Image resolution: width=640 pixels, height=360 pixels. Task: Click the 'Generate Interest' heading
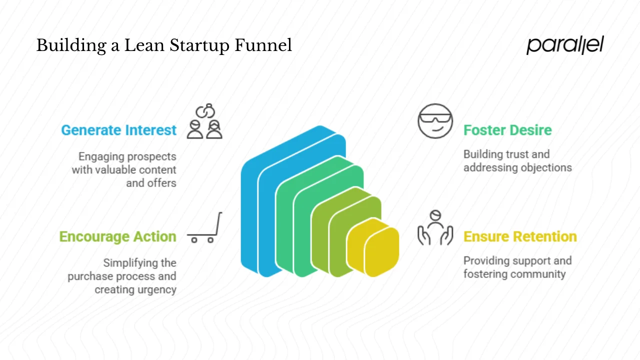(x=118, y=130)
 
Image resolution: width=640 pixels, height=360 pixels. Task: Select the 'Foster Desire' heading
(x=507, y=130)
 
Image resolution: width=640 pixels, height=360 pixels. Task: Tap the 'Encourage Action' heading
(x=117, y=236)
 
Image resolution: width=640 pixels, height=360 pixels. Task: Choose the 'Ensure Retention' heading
(x=520, y=236)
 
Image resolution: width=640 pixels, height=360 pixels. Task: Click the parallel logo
(x=565, y=45)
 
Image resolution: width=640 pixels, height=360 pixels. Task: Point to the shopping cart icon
(x=204, y=229)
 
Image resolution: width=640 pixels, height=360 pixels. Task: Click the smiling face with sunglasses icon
(x=435, y=121)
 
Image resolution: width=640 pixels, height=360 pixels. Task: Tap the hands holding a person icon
(x=435, y=228)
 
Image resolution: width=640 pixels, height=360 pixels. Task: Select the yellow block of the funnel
(x=380, y=250)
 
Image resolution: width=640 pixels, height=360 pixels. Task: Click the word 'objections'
(x=545, y=167)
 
